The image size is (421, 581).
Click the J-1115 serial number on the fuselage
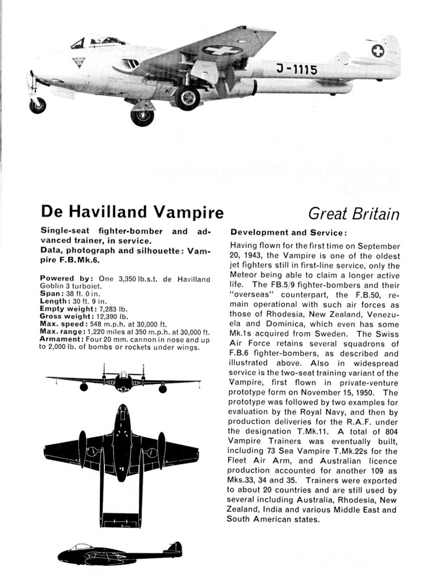296,69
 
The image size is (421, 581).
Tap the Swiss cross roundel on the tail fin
377,51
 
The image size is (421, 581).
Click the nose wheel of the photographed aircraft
37,105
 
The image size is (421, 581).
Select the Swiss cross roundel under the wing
222,50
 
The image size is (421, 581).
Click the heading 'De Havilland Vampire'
132,212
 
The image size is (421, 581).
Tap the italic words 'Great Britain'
353,214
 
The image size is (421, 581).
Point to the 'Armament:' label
61,339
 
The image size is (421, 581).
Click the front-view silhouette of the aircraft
123,381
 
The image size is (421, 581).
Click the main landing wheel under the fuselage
187,97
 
